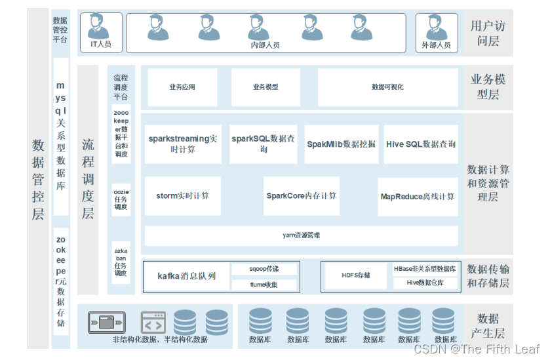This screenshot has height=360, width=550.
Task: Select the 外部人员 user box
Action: (x=436, y=33)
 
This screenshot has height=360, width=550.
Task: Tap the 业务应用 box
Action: (x=182, y=87)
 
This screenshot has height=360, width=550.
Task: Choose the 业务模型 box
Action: (x=265, y=87)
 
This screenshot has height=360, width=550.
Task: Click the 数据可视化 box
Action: (x=387, y=87)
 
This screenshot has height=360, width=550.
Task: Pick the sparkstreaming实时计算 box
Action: (x=182, y=144)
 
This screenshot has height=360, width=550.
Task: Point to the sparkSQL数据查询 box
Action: (x=264, y=144)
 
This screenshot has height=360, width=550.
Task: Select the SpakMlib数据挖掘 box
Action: (x=341, y=144)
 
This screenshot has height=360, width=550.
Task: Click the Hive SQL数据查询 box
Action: (x=421, y=144)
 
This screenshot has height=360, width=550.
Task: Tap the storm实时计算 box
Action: (x=182, y=195)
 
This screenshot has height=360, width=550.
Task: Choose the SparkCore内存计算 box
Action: (x=302, y=195)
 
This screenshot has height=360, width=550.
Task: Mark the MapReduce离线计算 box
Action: (x=418, y=195)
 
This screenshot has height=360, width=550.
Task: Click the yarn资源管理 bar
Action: (x=301, y=235)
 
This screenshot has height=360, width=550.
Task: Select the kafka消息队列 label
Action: (x=187, y=276)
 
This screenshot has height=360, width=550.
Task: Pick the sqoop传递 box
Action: (x=264, y=269)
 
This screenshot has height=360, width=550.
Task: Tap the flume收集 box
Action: (x=264, y=285)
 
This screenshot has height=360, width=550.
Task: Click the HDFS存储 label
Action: (x=356, y=275)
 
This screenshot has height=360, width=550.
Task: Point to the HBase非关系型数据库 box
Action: (x=425, y=269)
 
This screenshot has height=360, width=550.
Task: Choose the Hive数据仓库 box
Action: (x=425, y=283)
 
